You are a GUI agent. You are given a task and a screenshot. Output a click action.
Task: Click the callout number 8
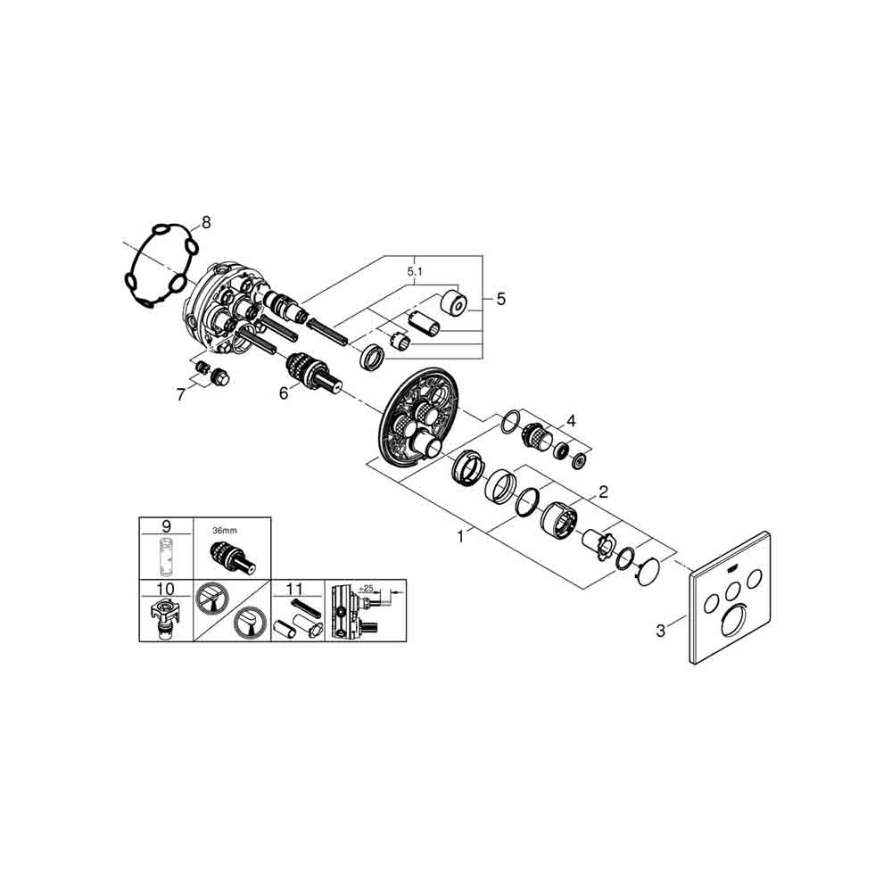point(206,222)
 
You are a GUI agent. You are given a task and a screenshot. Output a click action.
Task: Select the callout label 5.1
point(416,272)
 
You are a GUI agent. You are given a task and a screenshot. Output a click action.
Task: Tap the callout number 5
point(500,299)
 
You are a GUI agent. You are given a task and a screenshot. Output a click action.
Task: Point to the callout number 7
point(181,394)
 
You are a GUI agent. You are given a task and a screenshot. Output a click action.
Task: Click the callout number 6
point(284,393)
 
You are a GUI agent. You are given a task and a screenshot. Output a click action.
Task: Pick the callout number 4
point(571,421)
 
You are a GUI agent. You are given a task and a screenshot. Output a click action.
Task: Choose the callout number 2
point(603,491)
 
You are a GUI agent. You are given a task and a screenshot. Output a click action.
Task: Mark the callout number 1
point(461,536)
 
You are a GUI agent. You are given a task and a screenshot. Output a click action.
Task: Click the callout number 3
point(660,631)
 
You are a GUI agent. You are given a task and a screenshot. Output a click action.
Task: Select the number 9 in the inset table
point(166,526)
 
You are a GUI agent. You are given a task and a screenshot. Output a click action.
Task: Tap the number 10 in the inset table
point(166,589)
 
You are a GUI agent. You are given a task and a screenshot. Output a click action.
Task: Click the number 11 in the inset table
point(294,589)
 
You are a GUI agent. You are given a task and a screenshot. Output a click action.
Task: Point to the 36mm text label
point(225,531)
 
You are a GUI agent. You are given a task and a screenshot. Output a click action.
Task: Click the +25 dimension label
point(366,589)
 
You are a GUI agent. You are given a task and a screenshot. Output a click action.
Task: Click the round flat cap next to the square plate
point(648,572)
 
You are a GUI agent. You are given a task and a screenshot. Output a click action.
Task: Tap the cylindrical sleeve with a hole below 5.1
point(455,302)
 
